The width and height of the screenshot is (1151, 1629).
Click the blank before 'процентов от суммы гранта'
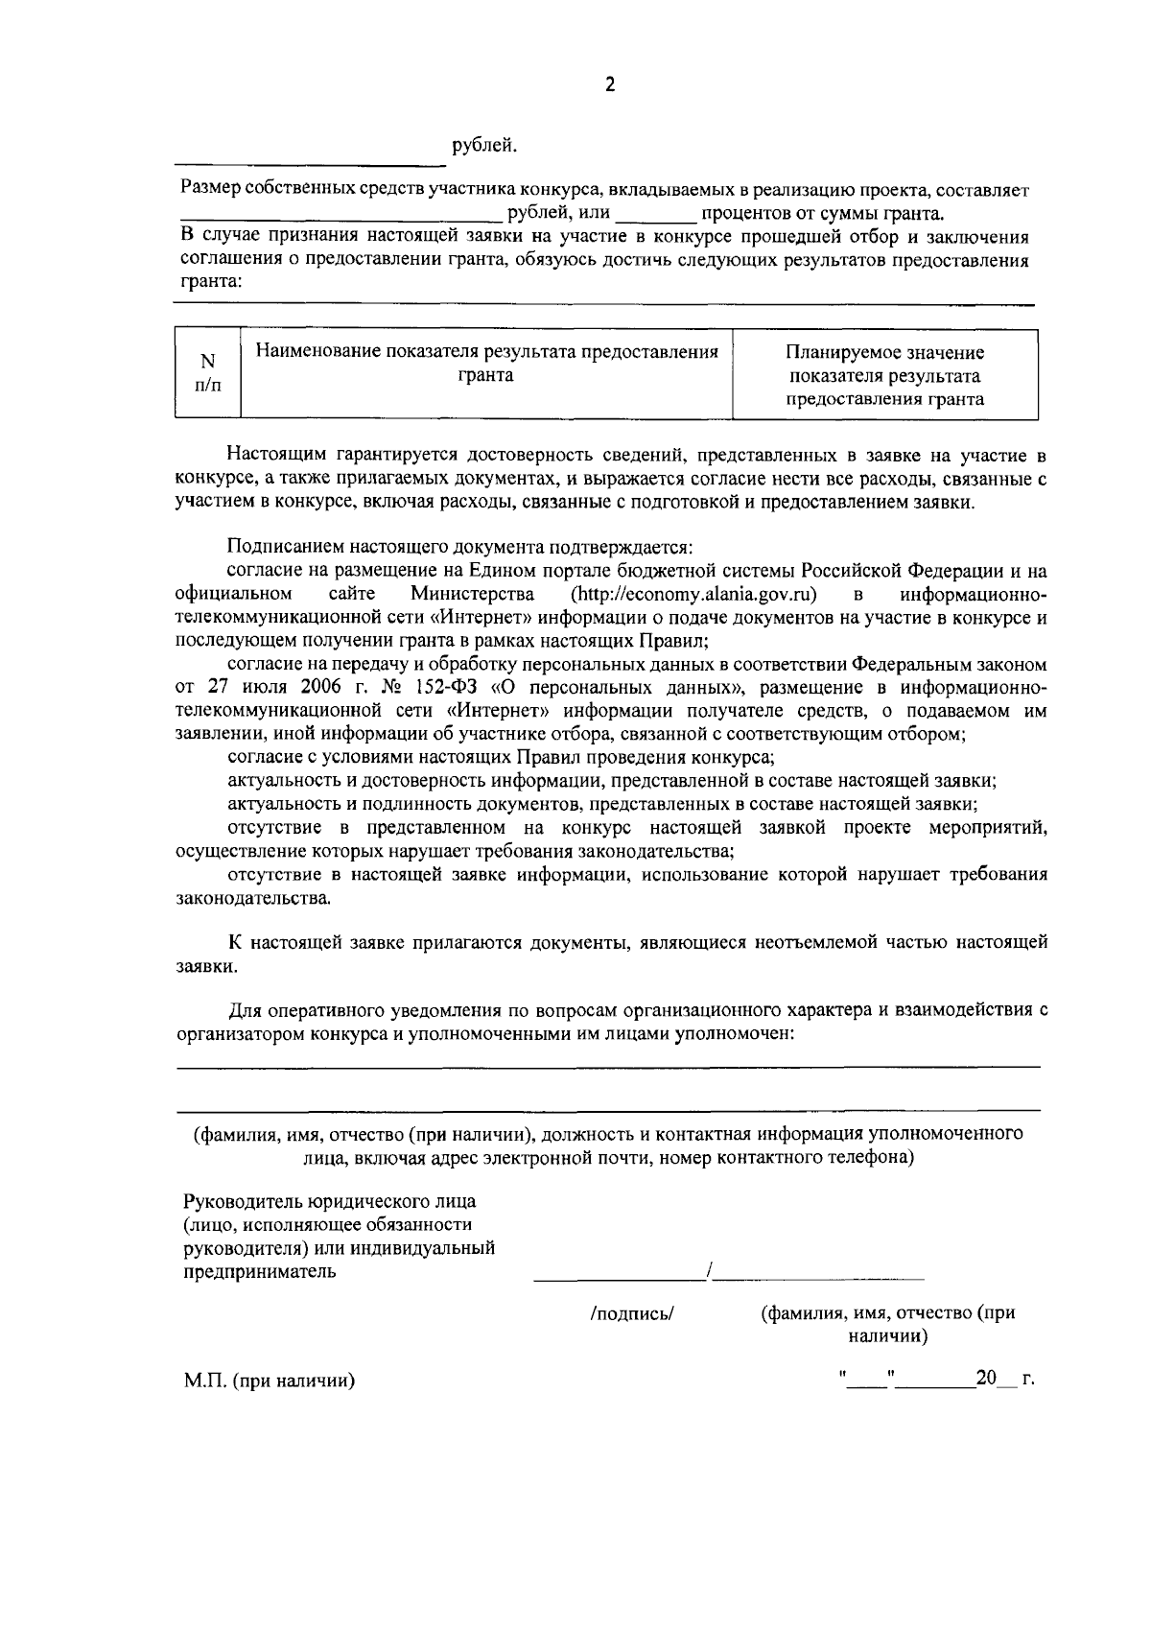tap(654, 214)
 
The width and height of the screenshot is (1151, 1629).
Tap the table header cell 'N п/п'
tap(207, 373)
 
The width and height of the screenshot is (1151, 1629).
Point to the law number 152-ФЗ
tap(451, 688)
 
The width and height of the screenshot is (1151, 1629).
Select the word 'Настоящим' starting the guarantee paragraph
tap(267, 455)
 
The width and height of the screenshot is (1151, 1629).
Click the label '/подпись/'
tap(633, 1314)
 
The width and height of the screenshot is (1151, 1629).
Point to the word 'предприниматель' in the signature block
tap(259, 1272)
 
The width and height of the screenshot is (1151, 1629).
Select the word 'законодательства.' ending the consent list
tap(255, 899)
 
